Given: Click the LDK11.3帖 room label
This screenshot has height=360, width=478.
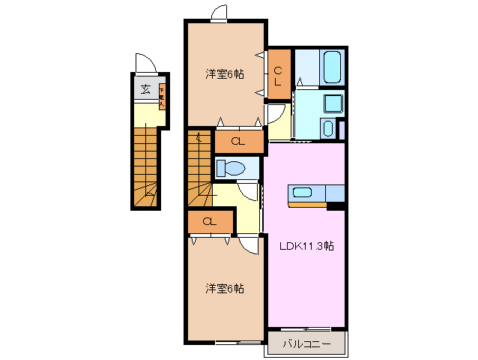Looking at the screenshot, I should coord(307,246).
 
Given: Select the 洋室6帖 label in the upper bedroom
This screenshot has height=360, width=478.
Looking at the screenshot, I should coord(225,74).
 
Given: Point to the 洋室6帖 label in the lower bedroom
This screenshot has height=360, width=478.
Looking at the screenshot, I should coord(225,288).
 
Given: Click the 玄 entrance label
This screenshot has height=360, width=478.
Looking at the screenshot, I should coord(145,91).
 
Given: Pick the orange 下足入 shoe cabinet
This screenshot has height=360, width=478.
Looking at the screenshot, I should coord(161,96).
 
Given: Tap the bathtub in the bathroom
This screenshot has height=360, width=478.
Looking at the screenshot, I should coord(331,68).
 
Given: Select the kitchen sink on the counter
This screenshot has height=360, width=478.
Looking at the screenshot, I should coord(303,192).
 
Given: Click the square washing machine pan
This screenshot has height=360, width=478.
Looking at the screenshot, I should coord(333,103).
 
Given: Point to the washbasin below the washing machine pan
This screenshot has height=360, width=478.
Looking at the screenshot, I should coord(329,127).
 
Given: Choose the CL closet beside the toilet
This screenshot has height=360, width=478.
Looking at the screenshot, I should coord(238,141).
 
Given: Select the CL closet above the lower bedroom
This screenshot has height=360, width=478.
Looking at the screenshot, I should coord(209,222).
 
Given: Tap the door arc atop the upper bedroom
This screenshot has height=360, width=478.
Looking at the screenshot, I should coord(219,13).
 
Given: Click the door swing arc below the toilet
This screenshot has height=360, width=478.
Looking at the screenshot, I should coord(251,193).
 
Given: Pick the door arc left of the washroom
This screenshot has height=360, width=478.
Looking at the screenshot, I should coord(275,115).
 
